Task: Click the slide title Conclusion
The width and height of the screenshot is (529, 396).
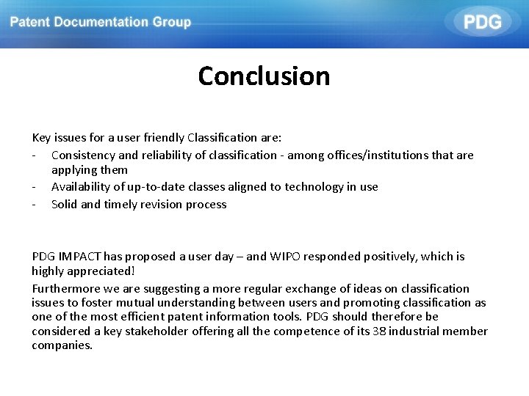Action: click(x=264, y=76)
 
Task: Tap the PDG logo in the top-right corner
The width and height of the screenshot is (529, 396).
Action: click(x=482, y=22)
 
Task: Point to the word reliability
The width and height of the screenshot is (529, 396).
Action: click(x=165, y=155)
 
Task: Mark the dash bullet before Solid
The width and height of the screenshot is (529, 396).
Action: click(x=35, y=204)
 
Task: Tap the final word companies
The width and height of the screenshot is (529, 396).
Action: click(x=62, y=345)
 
